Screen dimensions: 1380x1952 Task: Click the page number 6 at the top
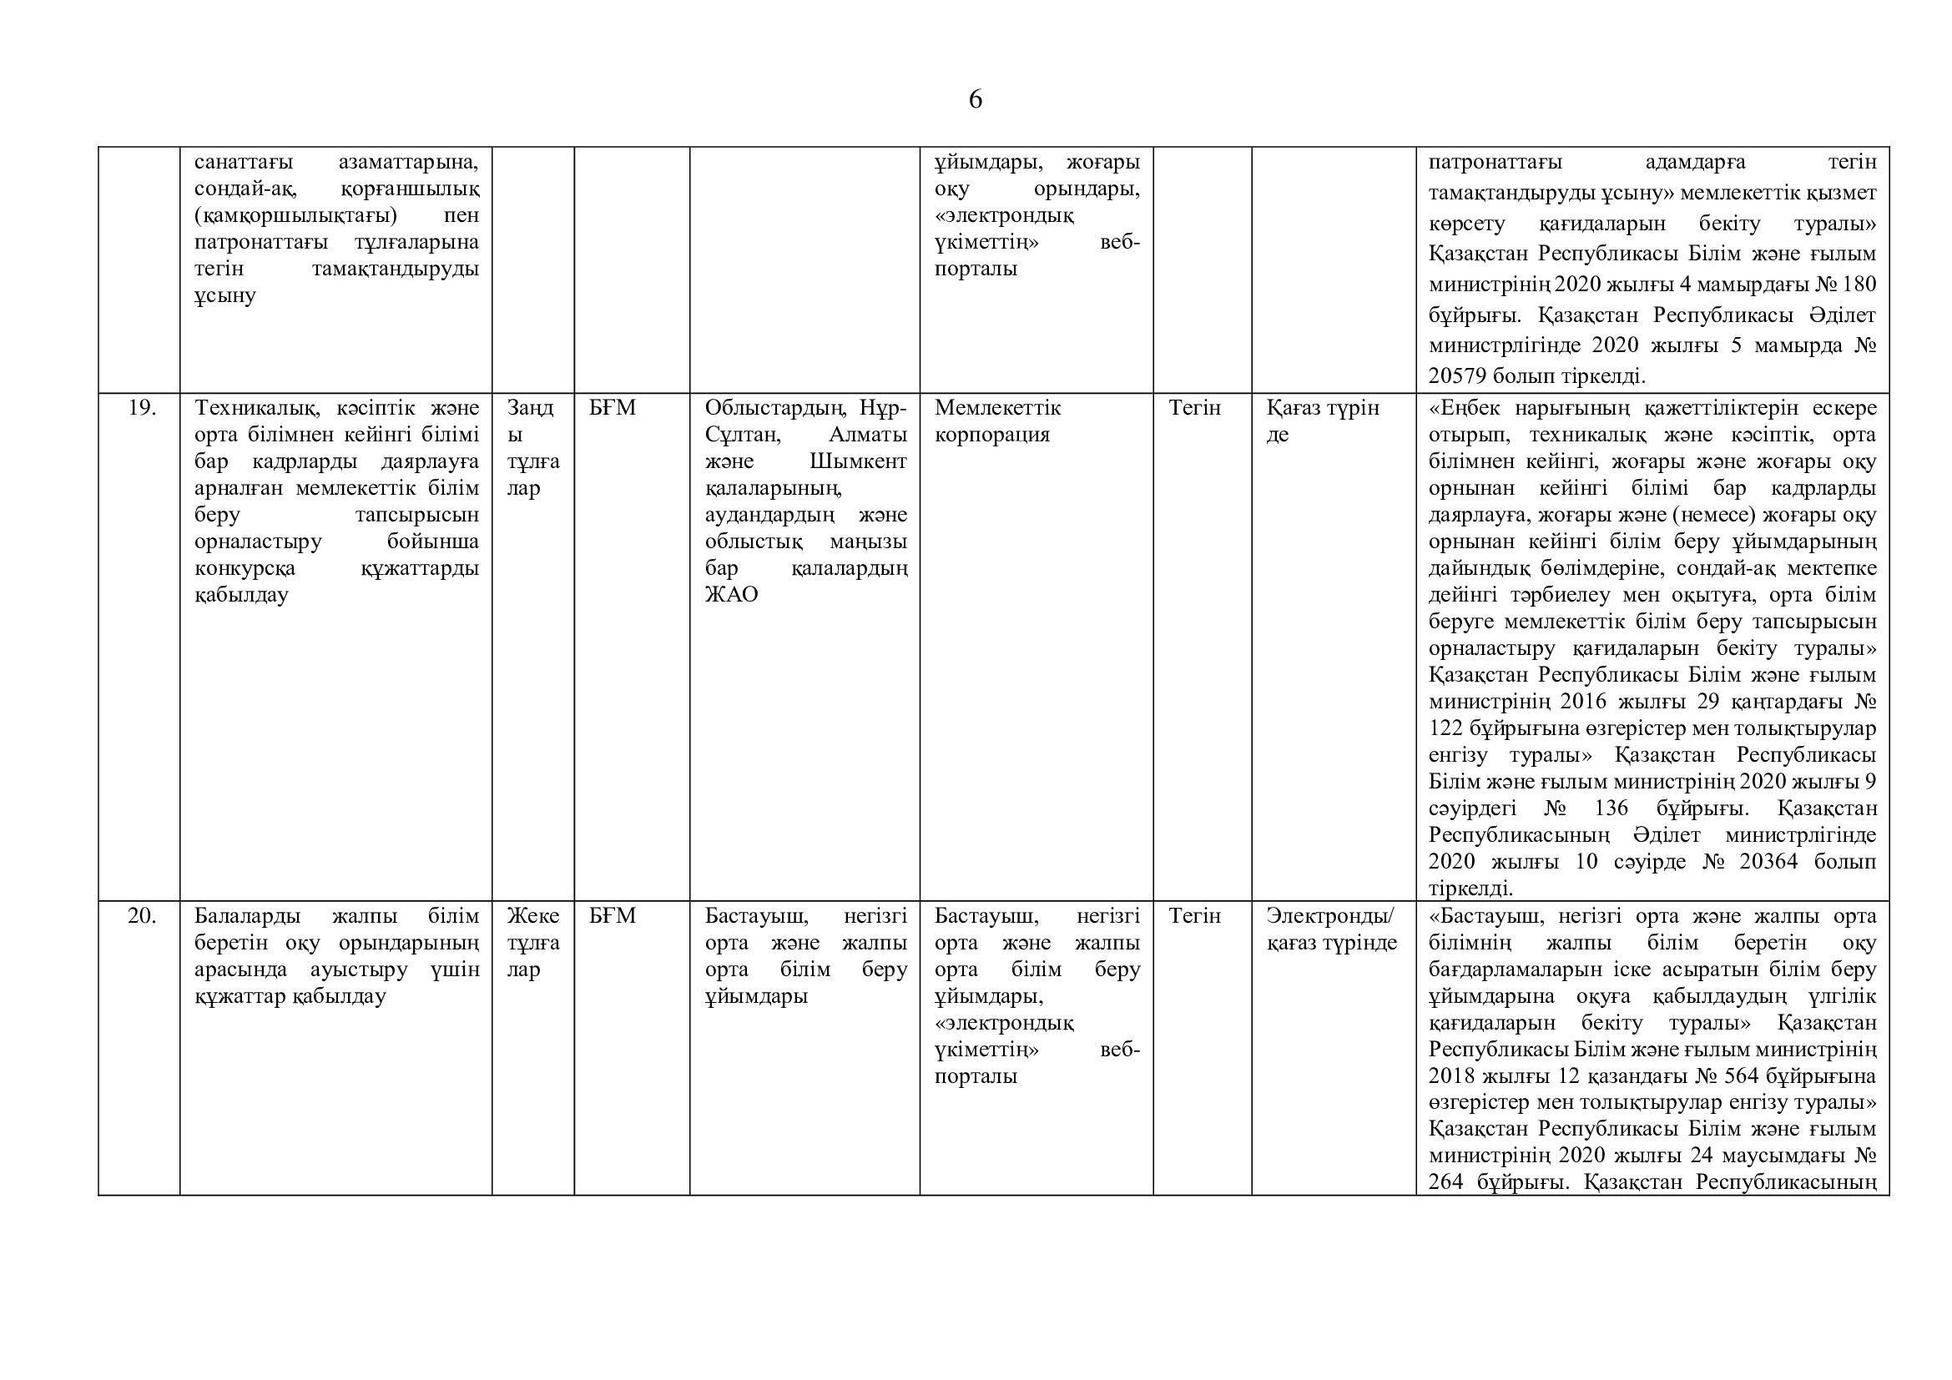click(x=975, y=100)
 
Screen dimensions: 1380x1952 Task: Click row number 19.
click(x=141, y=409)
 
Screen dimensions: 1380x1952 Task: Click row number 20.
click(x=141, y=916)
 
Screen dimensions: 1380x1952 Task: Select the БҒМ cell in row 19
click(x=612, y=409)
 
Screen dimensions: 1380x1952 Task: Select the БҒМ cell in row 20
click(x=612, y=916)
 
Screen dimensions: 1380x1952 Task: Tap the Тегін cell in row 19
click(x=1194, y=409)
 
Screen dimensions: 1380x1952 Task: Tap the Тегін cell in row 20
click(x=1194, y=916)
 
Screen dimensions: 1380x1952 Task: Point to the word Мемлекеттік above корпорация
click(x=997, y=409)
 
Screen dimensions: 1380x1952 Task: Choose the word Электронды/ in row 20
click(x=1330, y=916)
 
